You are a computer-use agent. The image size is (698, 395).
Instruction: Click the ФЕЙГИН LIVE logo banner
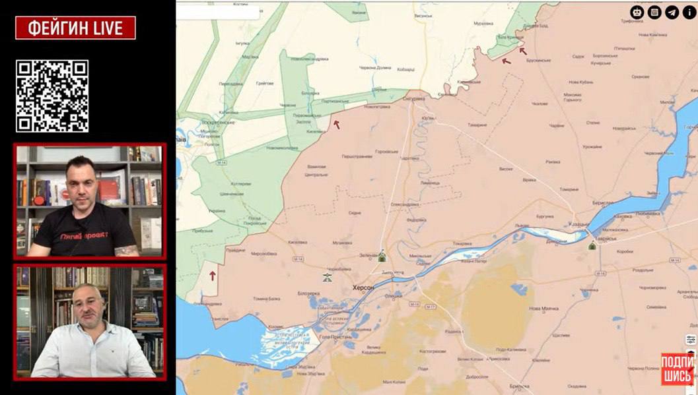(75, 28)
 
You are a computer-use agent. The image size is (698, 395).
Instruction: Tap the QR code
(52, 96)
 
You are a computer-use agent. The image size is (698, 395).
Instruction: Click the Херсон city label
(363, 288)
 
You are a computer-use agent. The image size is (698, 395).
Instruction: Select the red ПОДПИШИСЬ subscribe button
(678, 369)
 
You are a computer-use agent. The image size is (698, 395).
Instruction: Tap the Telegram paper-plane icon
(672, 12)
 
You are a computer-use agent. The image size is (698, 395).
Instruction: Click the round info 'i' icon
(689, 12)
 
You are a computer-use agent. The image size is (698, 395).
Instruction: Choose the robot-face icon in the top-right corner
(637, 12)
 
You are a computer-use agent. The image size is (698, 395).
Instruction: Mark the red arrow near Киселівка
(336, 124)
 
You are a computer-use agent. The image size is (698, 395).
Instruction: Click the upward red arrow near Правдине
(213, 276)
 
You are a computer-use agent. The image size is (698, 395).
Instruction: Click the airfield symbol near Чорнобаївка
(327, 278)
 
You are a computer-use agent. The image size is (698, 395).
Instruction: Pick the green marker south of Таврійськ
(592, 245)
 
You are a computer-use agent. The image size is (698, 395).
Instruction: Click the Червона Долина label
(375, 68)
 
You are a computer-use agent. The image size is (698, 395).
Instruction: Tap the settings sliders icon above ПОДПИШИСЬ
(690, 340)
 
